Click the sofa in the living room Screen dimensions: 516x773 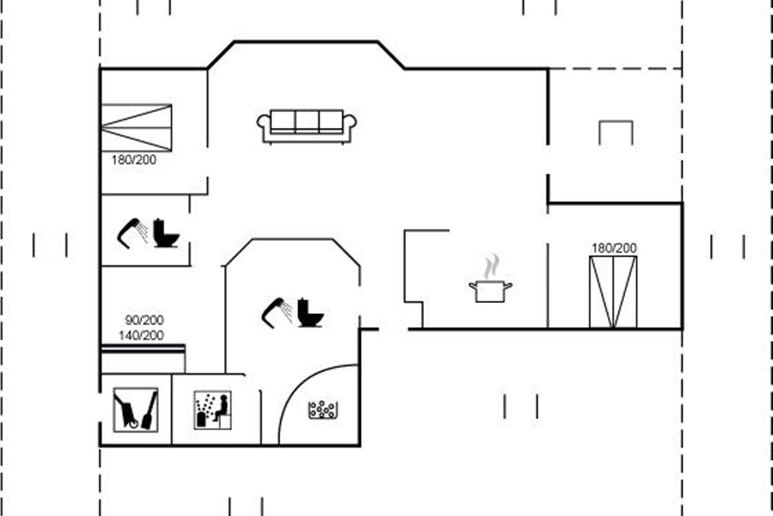[307, 125]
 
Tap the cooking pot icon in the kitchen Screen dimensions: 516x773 [490, 290]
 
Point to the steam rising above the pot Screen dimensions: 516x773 [492, 266]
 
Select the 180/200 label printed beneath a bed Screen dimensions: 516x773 [133, 160]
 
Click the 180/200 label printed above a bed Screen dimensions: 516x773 [614, 248]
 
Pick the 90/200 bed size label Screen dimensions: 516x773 [144, 320]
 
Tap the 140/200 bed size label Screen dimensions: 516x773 [141, 335]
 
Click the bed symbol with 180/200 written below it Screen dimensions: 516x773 [137, 128]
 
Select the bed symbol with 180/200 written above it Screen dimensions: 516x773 [613, 292]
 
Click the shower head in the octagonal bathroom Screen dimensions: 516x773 [276, 310]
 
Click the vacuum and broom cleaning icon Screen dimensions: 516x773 [135, 409]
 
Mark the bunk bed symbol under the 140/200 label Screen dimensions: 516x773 [143, 357]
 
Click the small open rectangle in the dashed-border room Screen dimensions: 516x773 [616, 132]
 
